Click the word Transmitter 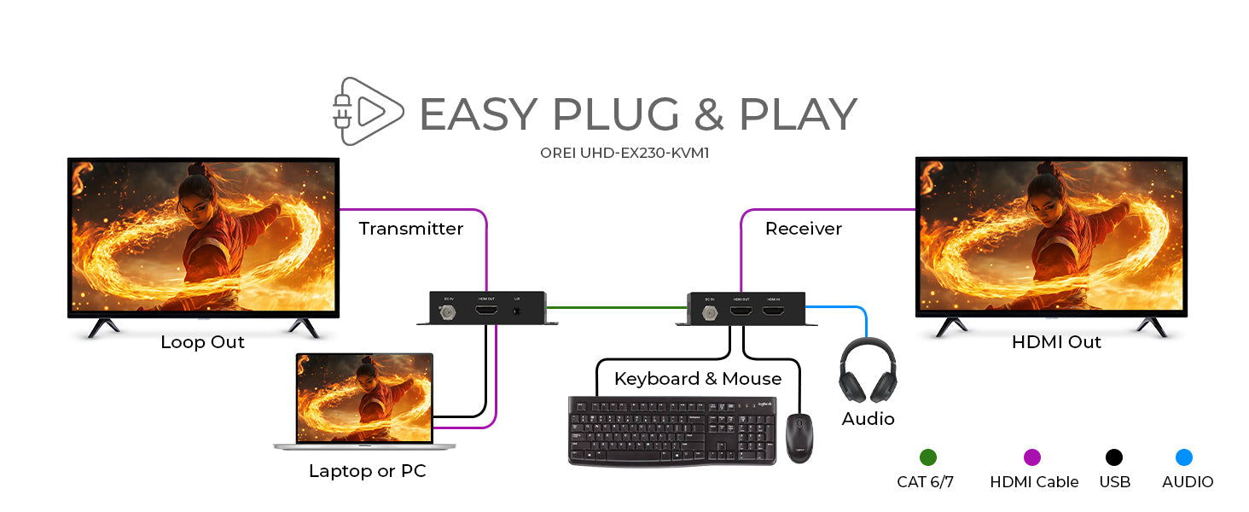pyautogui.click(x=410, y=229)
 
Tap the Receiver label pyautogui.click(x=803, y=229)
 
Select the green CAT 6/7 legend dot pyautogui.click(x=927, y=457)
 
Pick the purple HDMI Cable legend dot pyautogui.click(x=1032, y=457)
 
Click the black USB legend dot pyautogui.click(x=1114, y=457)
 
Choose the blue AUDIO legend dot pyautogui.click(x=1183, y=457)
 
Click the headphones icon pyautogui.click(x=868, y=370)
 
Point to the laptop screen pyautogui.click(x=364, y=398)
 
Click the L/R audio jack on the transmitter pyautogui.click(x=516, y=312)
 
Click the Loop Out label pyautogui.click(x=202, y=342)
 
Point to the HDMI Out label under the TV pyautogui.click(x=1056, y=342)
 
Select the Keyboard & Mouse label pyautogui.click(x=697, y=379)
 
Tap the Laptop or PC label pyautogui.click(x=367, y=471)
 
